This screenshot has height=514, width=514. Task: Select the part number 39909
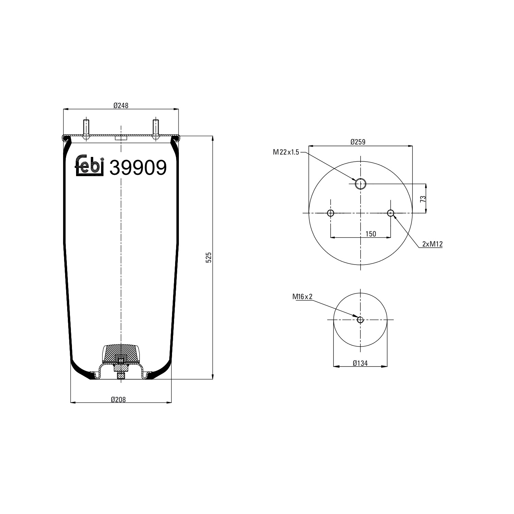(138, 168)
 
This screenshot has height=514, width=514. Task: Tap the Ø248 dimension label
(121, 106)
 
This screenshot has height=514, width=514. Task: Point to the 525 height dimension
(209, 257)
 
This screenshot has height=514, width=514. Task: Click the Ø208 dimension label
(118, 400)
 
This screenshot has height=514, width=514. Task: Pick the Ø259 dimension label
(358, 142)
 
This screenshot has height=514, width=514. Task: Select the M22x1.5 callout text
(286, 152)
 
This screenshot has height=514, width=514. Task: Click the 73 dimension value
(423, 199)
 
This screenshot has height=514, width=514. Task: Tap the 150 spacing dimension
(371, 234)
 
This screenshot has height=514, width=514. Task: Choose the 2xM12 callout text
(432, 244)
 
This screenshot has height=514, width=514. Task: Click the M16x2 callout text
(302, 297)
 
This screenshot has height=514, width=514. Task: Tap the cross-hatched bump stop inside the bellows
(121, 353)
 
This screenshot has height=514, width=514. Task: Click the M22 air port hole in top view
(360, 184)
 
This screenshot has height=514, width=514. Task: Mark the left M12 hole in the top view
(331, 213)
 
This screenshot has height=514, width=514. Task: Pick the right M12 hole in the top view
(391, 213)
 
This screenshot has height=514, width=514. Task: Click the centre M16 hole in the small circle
(360, 320)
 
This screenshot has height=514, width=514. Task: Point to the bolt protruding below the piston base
(121, 376)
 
